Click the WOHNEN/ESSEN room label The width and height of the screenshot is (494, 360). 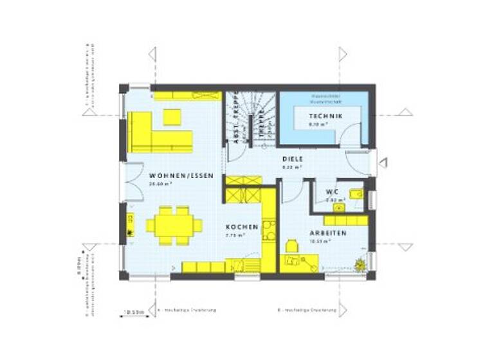click(172, 175)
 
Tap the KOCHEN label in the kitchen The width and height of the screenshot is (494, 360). click(242, 227)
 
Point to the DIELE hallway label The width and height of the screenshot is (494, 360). click(293, 159)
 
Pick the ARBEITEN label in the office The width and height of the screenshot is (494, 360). click(328, 233)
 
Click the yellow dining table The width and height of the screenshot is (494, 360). click(174, 225)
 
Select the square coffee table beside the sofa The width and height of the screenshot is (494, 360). click(172, 116)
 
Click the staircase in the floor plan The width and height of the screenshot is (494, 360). click(250, 119)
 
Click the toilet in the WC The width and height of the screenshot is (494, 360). click(355, 194)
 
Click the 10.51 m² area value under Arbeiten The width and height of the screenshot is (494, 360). click(320, 242)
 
